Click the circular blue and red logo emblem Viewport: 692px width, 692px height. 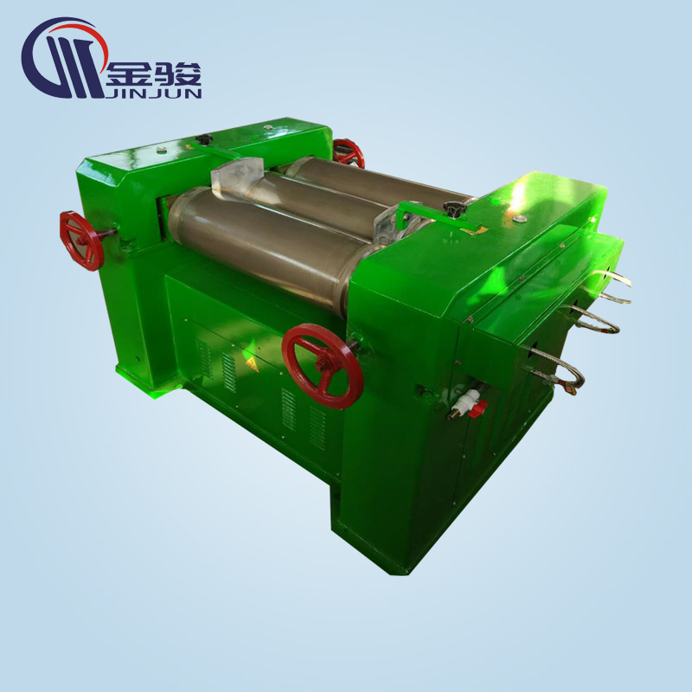(x=64, y=57)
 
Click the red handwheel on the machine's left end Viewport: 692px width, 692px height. (x=82, y=241)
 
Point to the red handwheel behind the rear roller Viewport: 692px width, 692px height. (x=349, y=153)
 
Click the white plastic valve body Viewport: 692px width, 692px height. (x=465, y=400)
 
